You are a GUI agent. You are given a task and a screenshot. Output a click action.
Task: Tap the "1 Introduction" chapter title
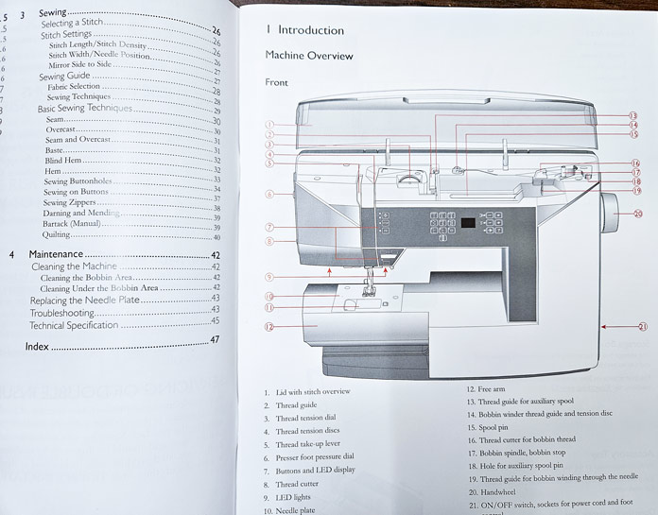click(x=304, y=29)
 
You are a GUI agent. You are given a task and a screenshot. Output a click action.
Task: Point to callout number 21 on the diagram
click(x=642, y=327)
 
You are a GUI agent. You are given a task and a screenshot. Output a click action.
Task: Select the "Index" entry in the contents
click(x=38, y=346)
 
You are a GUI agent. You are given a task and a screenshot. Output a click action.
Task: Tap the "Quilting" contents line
click(x=57, y=234)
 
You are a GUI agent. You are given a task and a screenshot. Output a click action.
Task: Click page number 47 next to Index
click(x=215, y=339)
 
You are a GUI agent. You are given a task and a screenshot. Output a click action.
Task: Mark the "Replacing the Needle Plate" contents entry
click(x=83, y=299)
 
